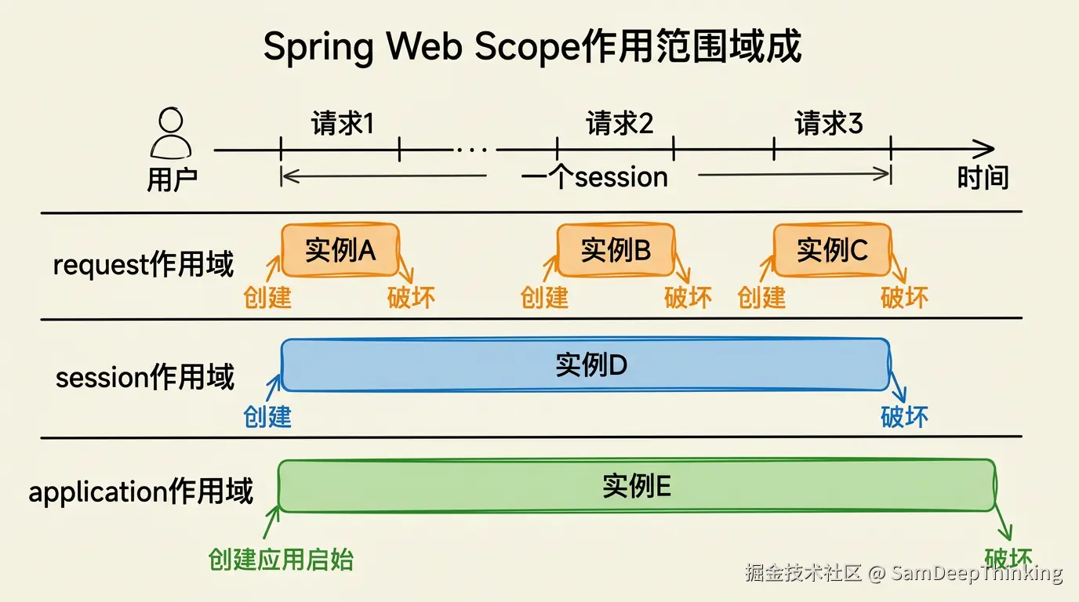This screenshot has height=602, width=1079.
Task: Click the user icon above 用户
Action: point(170,134)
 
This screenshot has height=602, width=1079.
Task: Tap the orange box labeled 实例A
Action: point(340,250)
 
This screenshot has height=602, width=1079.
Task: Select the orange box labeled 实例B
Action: point(616,250)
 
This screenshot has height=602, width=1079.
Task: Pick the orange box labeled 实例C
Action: point(832,250)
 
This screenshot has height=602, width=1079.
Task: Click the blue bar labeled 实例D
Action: point(585,364)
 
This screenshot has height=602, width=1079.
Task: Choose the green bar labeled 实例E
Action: point(637,486)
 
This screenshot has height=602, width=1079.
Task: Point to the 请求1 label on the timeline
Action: point(342,123)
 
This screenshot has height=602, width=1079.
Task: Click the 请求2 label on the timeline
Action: point(619,123)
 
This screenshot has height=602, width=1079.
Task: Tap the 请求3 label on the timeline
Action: point(828,123)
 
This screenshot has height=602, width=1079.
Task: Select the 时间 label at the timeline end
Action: point(982,178)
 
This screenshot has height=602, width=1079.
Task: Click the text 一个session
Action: point(594,177)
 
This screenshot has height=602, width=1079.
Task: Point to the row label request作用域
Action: point(144,265)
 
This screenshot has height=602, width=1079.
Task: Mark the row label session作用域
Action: point(145,378)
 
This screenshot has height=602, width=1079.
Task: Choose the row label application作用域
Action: point(141,492)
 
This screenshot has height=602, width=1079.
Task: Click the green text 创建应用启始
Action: point(281,560)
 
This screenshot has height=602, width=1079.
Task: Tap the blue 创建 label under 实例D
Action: point(267,416)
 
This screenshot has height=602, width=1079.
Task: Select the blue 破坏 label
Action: point(904,416)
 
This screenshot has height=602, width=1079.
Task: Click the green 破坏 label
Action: point(1008,558)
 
